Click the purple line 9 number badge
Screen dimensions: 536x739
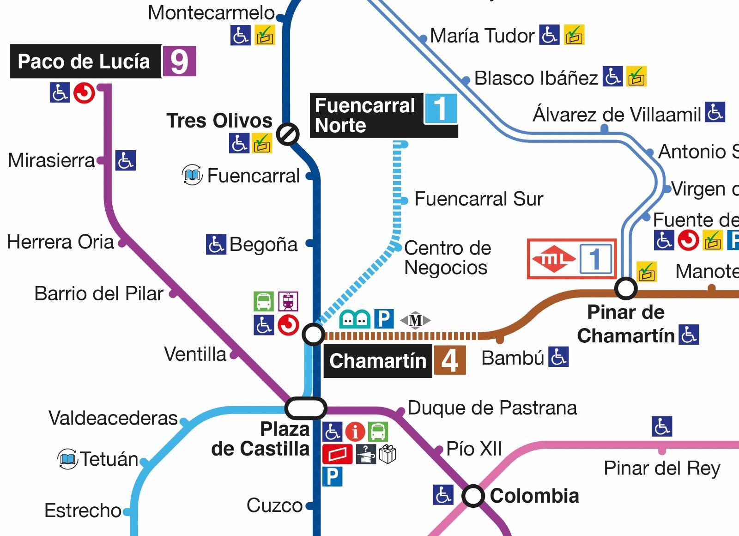[x=179, y=61]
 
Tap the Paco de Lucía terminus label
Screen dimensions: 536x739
[x=85, y=61]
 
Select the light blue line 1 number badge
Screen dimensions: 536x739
[x=441, y=109]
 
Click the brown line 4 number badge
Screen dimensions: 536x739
[x=449, y=361]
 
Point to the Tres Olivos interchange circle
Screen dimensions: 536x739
[x=288, y=134]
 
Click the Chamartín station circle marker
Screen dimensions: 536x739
[x=314, y=335]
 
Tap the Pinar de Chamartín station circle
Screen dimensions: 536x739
[x=626, y=289]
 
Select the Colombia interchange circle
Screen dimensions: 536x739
[x=473, y=496]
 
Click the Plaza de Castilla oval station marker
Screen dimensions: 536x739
[x=306, y=408]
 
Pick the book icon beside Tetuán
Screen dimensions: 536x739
[x=67, y=459]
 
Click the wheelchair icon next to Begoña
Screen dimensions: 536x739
[x=216, y=244]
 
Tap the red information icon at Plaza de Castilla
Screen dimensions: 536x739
[x=355, y=432]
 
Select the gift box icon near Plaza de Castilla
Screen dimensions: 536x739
[x=388, y=454]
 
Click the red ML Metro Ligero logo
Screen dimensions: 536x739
[x=553, y=259]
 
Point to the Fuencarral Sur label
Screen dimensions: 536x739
[x=479, y=199]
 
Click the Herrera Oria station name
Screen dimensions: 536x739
[x=60, y=242]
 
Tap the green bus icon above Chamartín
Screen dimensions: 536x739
[x=263, y=302]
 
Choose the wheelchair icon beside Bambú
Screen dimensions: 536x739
[x=558, y=357]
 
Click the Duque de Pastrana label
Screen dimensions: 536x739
[x=492, y=408]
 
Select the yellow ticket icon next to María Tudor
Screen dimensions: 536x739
[x=574, y=35]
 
